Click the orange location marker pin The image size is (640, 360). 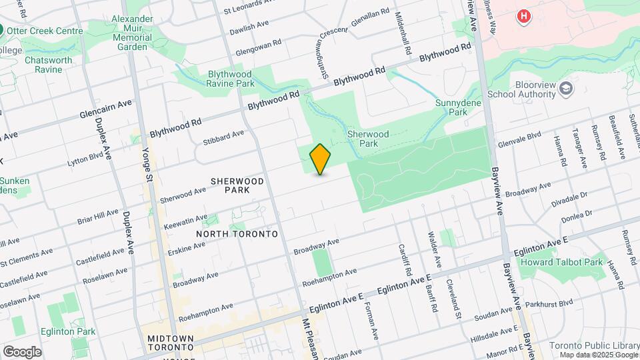pos(320,159)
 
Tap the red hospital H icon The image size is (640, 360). pos(524,16)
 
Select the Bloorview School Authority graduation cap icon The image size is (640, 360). pos(566,88)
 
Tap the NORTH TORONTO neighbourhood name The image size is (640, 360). pos(237,234)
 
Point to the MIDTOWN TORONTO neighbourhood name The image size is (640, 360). pos(171,343)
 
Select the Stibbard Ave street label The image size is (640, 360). pos(223,138)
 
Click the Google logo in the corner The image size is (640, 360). pos(22,351)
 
